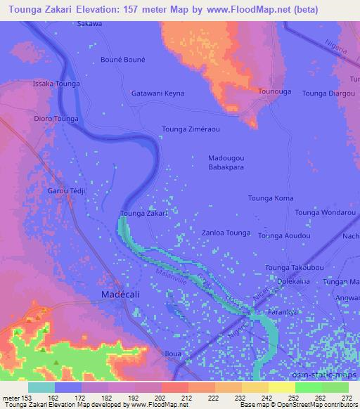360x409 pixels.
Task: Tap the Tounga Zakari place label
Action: tap(143, 213)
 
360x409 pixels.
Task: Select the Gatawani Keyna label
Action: tap(158, 93)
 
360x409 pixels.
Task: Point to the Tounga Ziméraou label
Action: tap(191, 129)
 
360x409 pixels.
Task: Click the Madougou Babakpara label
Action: tap(226, 163)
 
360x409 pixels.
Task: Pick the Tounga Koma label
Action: tap(271, 198)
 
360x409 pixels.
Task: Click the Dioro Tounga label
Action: tap(56, 119)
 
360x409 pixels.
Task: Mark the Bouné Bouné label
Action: tap(123, 60)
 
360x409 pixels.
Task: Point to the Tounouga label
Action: tap(275, 91)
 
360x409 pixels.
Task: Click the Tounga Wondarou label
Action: tap(326, 212)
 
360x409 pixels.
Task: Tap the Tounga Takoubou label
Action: tap(294, 268)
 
